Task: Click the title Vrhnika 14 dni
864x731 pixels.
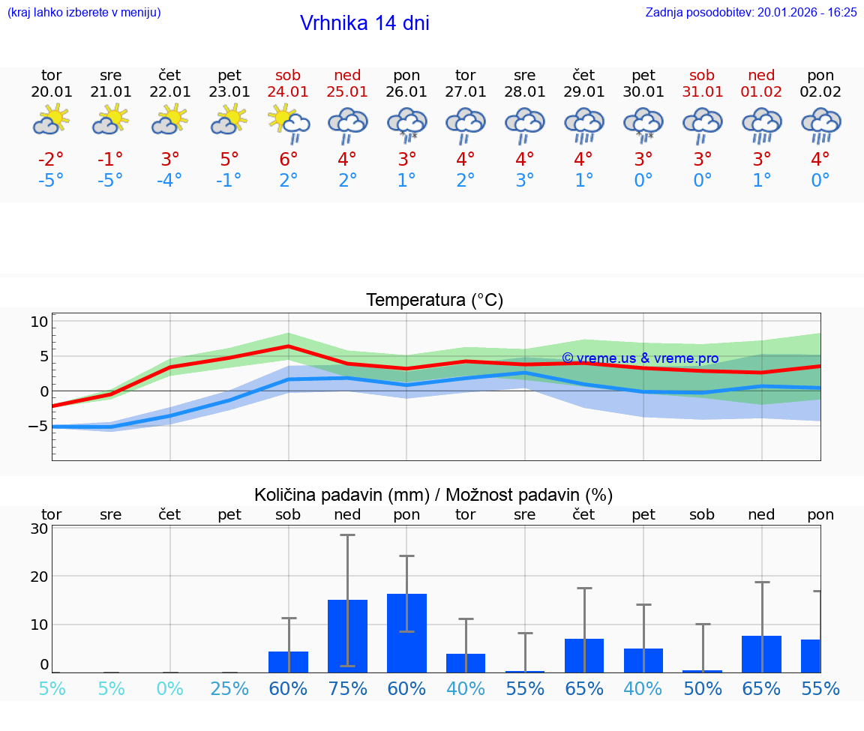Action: coord(364,23)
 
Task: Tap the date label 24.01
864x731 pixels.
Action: coord(288,91)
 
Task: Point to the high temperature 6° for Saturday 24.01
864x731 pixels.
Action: coord(288,159)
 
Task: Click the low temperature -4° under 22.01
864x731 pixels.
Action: coord(169,180)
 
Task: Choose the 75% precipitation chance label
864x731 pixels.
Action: coord(347,688)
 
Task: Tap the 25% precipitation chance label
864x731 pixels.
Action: coord(229,688)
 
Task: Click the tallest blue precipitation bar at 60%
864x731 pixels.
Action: coord(406,633)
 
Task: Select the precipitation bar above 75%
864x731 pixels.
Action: coord(347,636)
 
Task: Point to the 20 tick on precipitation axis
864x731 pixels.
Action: coord(39,577)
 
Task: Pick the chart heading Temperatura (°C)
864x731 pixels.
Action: coord(434,300)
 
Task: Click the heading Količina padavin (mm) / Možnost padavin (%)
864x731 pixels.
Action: coord(433,495)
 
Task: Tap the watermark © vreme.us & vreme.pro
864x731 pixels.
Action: coord(640,358)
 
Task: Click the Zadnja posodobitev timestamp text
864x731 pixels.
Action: coord(751,12)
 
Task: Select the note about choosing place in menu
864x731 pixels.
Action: coord(84,12)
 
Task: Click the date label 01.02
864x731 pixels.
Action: coord(761,91)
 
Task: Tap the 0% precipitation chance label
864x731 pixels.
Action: coord(170,688)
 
